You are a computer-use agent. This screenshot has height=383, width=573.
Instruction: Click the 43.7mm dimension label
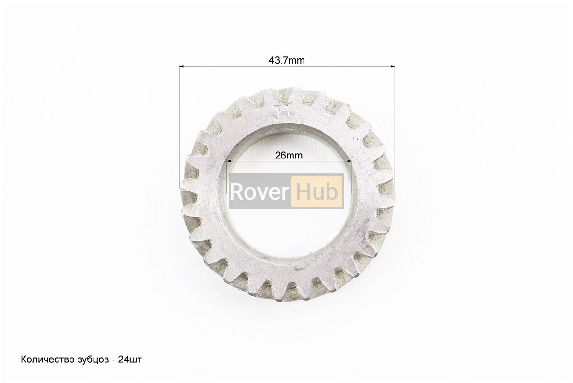tap(287, 60)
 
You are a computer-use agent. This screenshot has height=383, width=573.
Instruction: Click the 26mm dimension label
tap(289, 156)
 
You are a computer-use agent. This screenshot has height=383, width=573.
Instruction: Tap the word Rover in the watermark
tap(259, 191)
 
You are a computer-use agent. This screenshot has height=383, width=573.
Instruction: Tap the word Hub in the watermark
tap(316, 191)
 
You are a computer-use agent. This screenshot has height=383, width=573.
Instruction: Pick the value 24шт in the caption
tap(130, 360)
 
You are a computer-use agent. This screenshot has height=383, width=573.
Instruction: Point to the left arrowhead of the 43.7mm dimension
tap(181, 67)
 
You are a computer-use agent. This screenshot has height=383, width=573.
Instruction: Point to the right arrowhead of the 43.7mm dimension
tap(393, 67)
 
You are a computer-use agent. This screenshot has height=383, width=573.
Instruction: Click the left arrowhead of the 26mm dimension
tap(229, 161)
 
